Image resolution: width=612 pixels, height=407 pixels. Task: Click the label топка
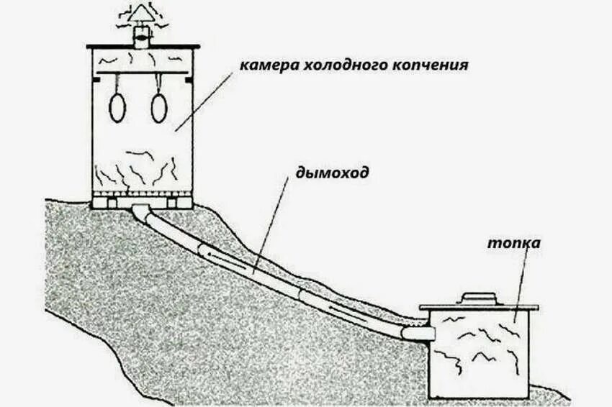[513, 243]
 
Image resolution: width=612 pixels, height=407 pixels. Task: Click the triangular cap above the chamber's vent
[141, 15]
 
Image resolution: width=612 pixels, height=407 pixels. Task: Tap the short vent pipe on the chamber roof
[141, 37]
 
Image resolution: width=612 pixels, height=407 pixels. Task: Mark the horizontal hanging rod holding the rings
[140, 73]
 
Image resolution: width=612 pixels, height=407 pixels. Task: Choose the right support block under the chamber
[173, 203]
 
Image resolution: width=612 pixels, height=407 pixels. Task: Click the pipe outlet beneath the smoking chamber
[141, 209]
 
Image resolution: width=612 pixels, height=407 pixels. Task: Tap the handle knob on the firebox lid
[477, 296]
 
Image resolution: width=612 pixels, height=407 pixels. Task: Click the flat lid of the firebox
[479, 307]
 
